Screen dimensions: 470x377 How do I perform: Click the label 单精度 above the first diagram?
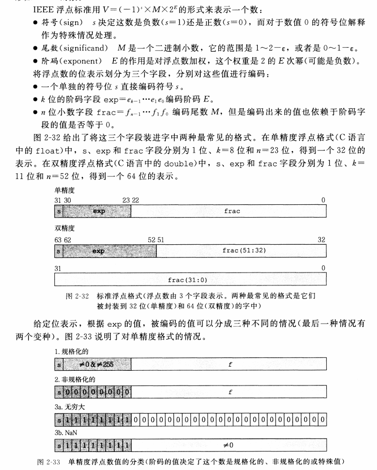[x=63, y=191]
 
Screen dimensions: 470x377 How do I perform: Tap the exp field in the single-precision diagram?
[x=98, y=211]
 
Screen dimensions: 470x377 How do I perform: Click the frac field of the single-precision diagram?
[x=232, y=211]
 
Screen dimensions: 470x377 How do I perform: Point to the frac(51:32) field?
[x=242, y=250]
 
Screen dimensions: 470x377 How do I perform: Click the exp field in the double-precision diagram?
[x=98, y=250]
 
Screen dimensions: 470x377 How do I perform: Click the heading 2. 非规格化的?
[x=71, y=379]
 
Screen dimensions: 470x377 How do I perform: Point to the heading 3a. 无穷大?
[x=67, y=406]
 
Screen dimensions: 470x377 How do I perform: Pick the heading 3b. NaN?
[x=65, y=433]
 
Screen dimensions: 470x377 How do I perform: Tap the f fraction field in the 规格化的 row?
[x=230, y=363]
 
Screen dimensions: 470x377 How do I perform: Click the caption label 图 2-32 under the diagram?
[x=77, y=296]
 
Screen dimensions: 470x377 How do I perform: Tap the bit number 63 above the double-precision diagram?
[x=57, y=239]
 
